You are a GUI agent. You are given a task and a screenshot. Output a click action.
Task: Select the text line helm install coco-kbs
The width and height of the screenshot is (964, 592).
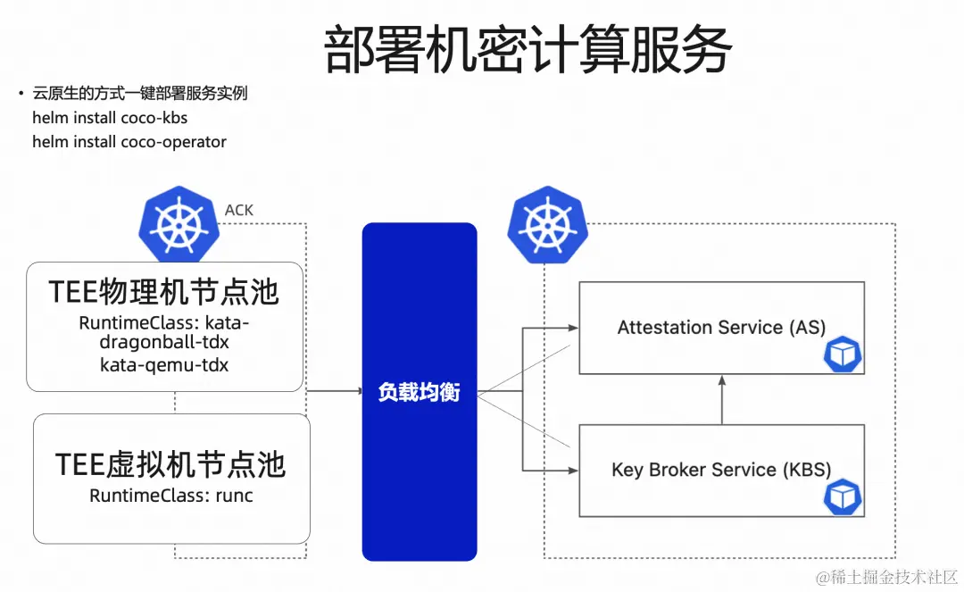click(110, 118)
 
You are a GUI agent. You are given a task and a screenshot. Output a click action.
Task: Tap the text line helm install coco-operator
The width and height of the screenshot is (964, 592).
click(129, 142)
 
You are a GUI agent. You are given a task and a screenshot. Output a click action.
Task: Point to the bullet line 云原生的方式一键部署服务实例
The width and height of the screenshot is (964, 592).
click(139, 94)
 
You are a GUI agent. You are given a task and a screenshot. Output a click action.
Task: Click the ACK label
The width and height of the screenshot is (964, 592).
click(238, 211)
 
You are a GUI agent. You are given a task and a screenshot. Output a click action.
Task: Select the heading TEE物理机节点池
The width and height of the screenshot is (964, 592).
click(163, 292)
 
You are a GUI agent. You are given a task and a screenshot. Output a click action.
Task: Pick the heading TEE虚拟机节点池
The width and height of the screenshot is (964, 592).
click(170, 464)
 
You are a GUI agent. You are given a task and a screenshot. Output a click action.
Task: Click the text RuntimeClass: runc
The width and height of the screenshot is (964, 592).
click(170, 496)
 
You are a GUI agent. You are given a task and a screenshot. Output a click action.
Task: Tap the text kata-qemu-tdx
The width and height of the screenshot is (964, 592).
click(164, 364)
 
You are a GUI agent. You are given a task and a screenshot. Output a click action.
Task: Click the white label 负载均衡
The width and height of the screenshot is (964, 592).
click(419, 392)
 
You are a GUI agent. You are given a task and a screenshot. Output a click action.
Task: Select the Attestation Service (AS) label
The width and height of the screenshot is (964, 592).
click(721, 328)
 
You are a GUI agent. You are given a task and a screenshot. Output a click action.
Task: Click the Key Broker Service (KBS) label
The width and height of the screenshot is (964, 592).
click(721, 470)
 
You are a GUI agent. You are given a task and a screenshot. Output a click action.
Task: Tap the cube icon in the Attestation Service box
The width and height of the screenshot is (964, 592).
click(842, 354)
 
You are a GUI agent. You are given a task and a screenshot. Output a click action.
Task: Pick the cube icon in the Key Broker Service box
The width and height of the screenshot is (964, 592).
click(842, 496)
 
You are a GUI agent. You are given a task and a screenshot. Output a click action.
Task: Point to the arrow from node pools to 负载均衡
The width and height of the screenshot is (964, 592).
click(335, 391)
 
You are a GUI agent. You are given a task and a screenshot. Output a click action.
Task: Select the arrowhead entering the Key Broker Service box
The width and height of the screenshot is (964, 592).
click(572, 470)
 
